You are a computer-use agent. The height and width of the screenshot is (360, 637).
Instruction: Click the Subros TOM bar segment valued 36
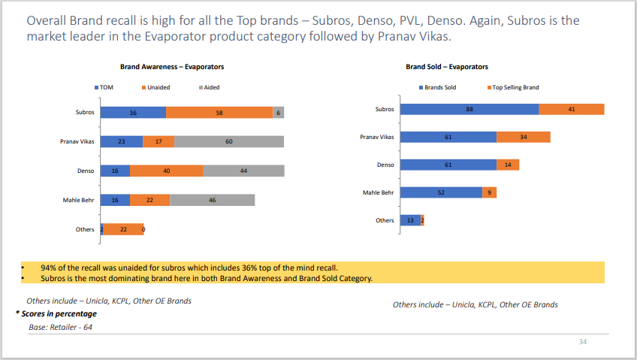point(133,113)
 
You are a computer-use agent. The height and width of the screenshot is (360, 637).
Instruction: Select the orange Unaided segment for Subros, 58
point(219,113)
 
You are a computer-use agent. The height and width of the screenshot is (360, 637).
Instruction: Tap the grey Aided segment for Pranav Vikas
point(229,141)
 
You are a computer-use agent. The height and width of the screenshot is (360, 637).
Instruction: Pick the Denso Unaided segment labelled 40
point(167,171)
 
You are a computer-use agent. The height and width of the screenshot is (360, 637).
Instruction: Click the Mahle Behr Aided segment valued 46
point(213,200)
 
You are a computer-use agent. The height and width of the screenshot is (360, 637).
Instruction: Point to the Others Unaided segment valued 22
point(123,229)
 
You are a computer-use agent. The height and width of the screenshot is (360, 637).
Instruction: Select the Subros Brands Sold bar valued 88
point(469,109)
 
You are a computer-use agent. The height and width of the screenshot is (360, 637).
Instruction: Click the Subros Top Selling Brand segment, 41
point(572,109)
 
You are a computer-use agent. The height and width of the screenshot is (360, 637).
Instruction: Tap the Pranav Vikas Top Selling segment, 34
point(523,137)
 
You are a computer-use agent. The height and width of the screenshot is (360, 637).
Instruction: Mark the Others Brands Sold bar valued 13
point(409,220)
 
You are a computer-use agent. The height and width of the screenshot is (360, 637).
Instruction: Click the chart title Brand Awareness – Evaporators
point(172,67)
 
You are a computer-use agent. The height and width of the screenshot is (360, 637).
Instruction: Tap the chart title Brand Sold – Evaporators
point(447,67)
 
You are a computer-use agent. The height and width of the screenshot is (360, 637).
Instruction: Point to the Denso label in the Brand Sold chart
point(385,165)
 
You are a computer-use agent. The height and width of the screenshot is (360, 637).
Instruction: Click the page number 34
point(582,342)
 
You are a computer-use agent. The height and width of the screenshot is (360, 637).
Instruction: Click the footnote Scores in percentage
point(56,313)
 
